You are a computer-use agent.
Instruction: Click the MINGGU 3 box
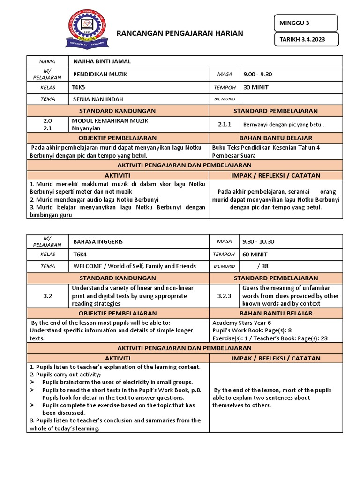point(305,22)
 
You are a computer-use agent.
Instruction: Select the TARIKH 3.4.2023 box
point(305,40)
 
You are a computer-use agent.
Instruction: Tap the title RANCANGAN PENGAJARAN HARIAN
point(180,33)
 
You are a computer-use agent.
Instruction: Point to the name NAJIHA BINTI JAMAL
point(102,61)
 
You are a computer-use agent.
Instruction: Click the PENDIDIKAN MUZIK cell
point(100,74)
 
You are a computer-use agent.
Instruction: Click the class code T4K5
point(79,87)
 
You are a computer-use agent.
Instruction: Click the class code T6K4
point(80,254)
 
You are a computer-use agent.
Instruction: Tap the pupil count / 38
point(262,266)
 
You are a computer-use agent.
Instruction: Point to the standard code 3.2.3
point(224,296)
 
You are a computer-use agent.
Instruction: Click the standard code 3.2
point(47,296)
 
